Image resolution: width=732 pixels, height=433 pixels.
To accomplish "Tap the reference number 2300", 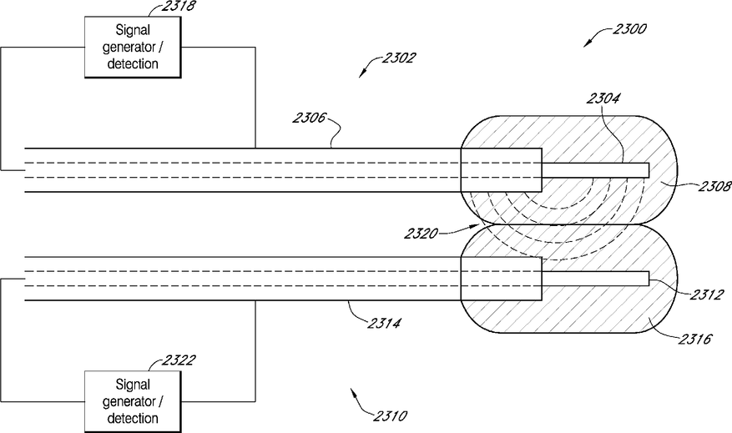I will pos(628,28).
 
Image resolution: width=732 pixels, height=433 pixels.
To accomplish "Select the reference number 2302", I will pos(398,58).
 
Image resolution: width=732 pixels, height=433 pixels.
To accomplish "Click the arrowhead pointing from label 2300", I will pos(587,44).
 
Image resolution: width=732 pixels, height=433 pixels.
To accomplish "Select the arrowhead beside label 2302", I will pos(362,74).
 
